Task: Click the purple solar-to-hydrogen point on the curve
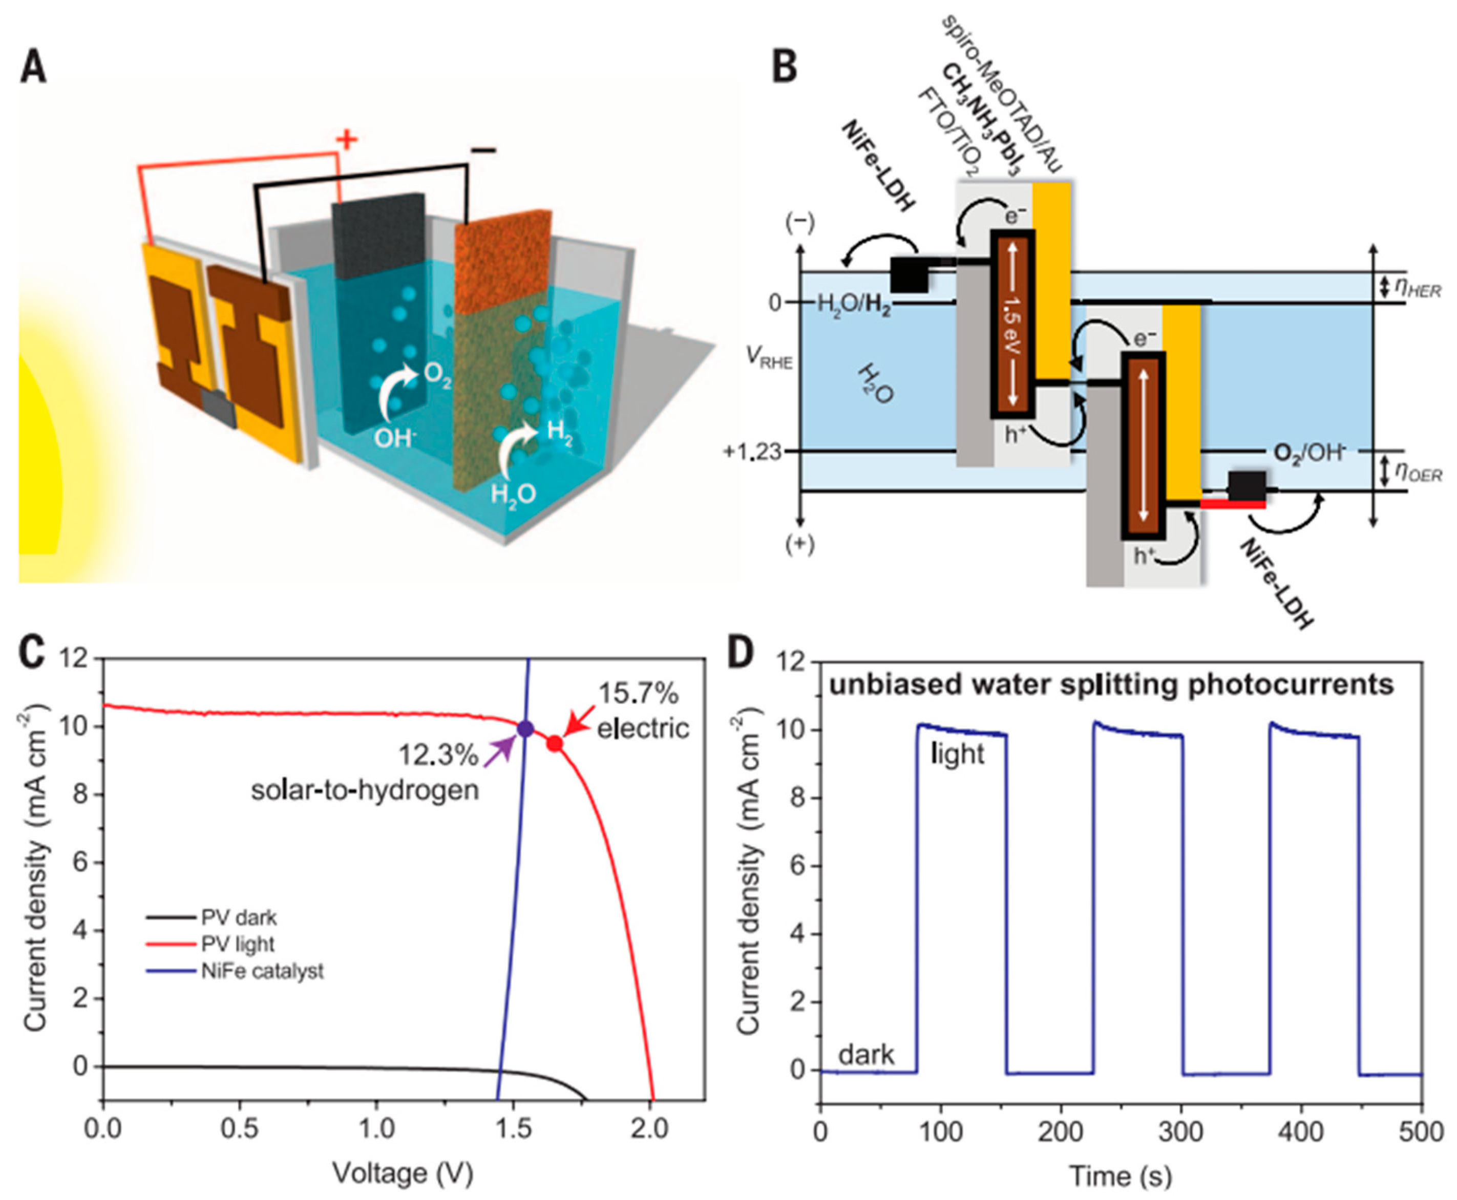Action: [x=525, y=728]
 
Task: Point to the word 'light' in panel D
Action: [x=957, y=754]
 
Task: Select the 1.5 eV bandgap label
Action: [x=1013, y=325]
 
